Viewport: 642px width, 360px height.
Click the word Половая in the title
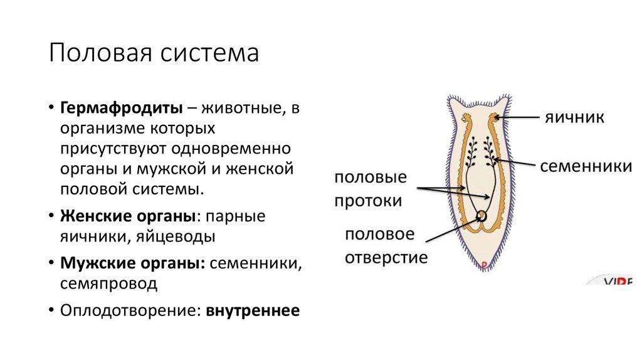96,53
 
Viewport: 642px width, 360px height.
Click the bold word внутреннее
253,310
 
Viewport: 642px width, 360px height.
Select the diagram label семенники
585,166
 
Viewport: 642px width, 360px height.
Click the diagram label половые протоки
369,189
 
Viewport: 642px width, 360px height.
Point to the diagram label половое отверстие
385,246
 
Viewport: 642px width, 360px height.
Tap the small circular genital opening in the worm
482,216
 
